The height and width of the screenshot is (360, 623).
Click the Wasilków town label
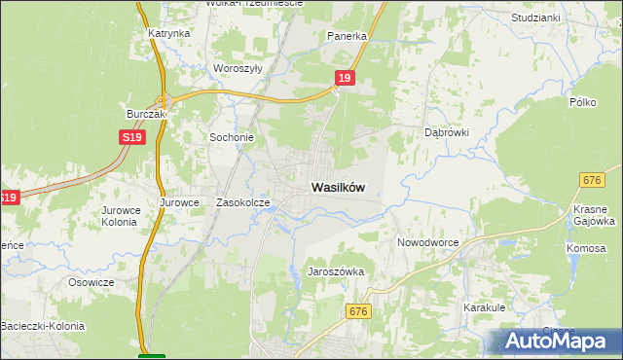[x=339, y=188]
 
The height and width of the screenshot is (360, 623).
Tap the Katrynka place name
[x=168, y=33]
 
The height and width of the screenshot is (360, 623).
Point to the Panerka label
[x=347, y=36]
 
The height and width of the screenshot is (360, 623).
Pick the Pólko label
[x=582, y=101]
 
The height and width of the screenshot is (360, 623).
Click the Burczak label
[x=147, y=114]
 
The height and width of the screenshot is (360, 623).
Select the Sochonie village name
[x=232, y=137]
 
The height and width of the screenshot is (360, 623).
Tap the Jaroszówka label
[x=336, y=272]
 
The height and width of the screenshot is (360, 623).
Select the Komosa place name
[x=586, y=249]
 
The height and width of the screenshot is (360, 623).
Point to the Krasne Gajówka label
[x=590, y=215]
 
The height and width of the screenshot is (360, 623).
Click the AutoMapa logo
[x=556, y=342]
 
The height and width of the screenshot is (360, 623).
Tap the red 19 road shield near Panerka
[x=344, y=77]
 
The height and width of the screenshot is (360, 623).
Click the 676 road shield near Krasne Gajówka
[x=592, y=180]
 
